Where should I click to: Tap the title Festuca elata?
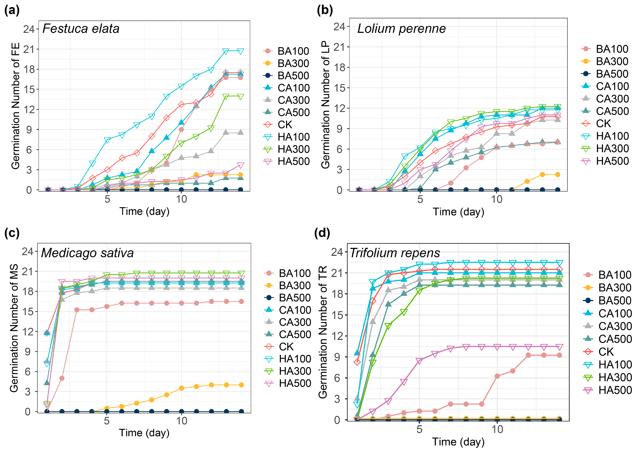(81, 29)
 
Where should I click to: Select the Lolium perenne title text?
(401, 29)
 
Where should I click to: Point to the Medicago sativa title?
(87, 253)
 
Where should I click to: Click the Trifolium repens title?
(395, 253)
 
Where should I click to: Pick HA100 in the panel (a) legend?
(293, 137)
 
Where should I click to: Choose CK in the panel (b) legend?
(603, 124)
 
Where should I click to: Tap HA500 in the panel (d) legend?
(615, 390)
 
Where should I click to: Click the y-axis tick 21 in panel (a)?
(29, 49)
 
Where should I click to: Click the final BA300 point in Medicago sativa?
(241, 385)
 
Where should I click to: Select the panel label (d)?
(322, 233)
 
